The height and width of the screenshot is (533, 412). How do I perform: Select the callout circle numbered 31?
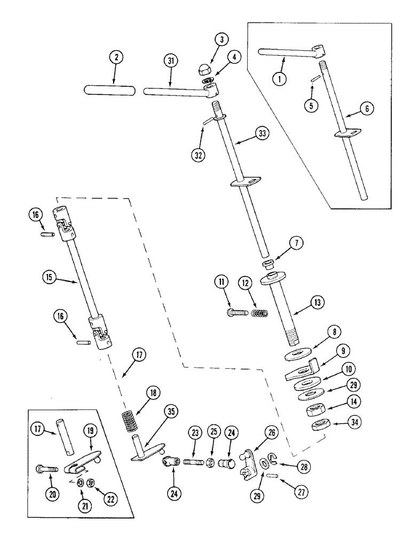170,61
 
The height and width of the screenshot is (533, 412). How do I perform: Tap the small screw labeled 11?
237,312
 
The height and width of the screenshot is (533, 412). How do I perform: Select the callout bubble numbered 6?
366,109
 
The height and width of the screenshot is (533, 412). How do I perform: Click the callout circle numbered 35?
171,411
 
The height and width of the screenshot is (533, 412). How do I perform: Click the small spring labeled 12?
259,313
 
